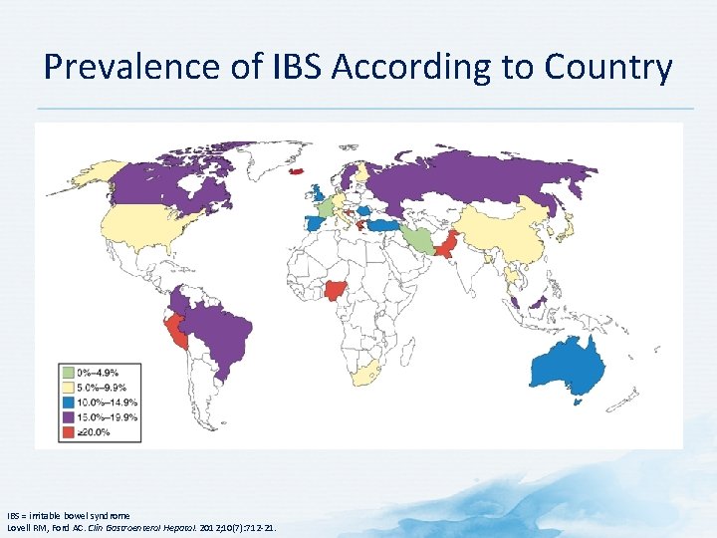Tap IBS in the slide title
point(295,68)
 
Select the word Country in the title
point(607,68)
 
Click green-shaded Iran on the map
point(422,239)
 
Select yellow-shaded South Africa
point(364,374)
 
